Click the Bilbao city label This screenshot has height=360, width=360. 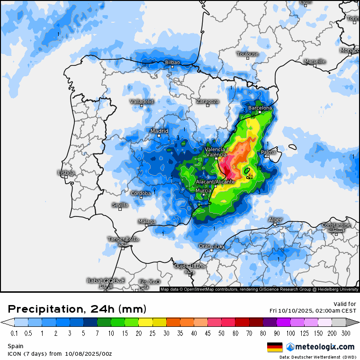[x=172, y=62]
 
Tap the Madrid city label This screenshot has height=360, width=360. [x=159, y=131]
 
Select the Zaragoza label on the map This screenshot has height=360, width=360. [x=208, y=101]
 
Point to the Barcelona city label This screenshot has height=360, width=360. [x=261, y=108]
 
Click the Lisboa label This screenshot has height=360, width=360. [x=66, y=173]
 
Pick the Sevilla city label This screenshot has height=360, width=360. [x=120, y=205]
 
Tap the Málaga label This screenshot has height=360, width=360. [x=147, y=221]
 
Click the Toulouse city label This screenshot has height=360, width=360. [x=248, y=54]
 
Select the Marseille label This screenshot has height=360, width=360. [x=315, y=62]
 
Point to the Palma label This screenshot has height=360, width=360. [x=268, y=153]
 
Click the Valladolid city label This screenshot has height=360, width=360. [x=142, y=101]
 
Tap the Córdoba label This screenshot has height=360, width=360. [x=141, y=193]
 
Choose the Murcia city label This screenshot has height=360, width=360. [x=203, y=190]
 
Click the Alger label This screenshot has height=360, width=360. [x=275, y=220]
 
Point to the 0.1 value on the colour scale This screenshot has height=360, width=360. [x=14, y=333]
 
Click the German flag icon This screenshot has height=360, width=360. [x=275, y=347]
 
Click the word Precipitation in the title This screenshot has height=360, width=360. [x=43, y=309]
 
